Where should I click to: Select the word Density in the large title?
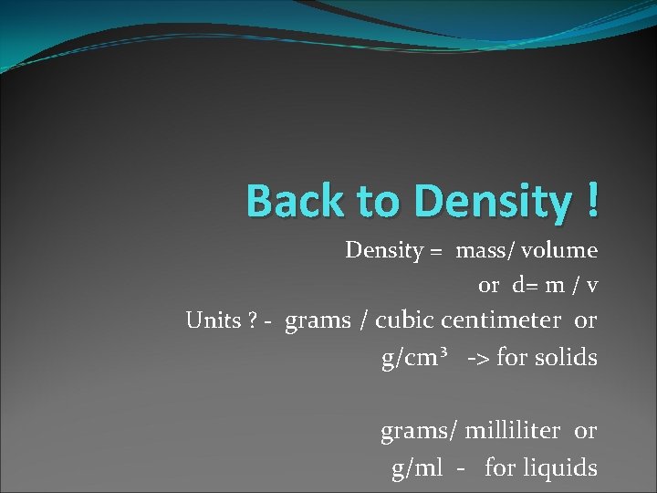(491, 201)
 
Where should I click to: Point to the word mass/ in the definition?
(485, 250)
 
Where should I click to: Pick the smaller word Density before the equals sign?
(383, 250)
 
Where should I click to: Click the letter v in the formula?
(592, 286)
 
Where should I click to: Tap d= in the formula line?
(525, 286)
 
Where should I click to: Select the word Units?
(213, 321)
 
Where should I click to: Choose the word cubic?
(405, 320)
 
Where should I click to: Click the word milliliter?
(516, 430)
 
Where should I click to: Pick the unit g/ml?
(417, 468)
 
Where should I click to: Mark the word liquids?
(561, 468)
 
